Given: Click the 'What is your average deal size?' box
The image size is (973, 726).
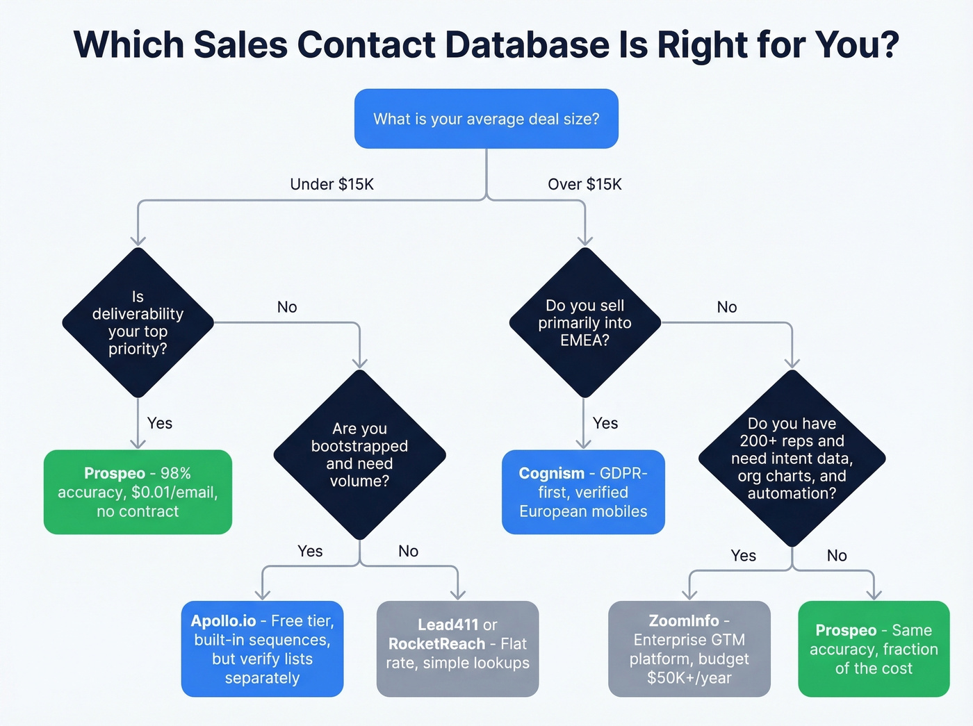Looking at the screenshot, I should [x=486, y=119].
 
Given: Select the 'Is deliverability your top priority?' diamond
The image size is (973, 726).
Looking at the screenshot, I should [x=138, y=322].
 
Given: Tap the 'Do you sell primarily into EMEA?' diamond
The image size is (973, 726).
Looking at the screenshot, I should [x=584, y=322].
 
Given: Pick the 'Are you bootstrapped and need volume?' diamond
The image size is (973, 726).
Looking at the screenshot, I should [x=359, y=454].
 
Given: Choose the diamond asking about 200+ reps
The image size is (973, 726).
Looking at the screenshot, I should [x=792, y=458].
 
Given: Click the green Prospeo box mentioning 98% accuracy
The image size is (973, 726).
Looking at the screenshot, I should [x=138, y=492].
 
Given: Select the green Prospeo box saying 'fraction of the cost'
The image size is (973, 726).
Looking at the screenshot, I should [x=874, y=649].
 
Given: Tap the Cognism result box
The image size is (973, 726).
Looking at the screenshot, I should [x=583, y=492].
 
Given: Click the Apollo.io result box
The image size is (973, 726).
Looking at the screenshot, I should [x=262, y=649].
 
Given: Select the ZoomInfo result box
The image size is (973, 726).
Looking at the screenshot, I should [x=689, y=649].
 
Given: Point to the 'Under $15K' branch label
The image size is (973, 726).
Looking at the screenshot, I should [x=332, y=184].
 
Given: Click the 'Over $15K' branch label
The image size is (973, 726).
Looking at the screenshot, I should [x=584, y=184].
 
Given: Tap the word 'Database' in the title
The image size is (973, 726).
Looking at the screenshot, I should [x=526, y=44].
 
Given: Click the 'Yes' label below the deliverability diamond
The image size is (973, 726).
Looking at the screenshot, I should [x=159, y=423].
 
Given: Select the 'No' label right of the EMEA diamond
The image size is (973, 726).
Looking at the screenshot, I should [x=726, y=307].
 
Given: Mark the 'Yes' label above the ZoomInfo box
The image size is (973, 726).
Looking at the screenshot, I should [x=743, y=556].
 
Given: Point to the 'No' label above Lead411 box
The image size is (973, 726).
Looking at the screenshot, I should [x=408, y=551].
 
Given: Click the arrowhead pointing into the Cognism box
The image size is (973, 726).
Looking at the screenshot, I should [x=584, y=444].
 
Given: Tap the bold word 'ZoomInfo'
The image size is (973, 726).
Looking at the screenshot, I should [x=683, y=620].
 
